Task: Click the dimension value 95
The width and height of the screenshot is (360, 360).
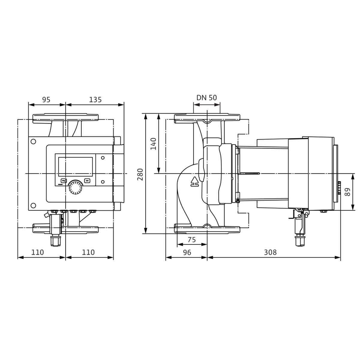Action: [x=46, y=100]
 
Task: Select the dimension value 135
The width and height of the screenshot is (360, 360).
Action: [x=95, y=100]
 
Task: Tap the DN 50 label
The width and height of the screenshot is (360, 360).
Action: [x=207, y=98]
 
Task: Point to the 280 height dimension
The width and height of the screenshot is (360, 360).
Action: [x=140, y=174]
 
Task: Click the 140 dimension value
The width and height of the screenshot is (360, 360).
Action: [x=153, y=144]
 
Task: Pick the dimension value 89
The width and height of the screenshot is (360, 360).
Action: [x=348, y=192]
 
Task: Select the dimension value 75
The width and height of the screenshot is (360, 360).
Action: [x=192, y=240]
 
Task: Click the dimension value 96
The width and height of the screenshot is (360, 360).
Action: [x=187, y=252]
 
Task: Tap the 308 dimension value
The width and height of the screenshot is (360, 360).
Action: [x=270, y=252]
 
